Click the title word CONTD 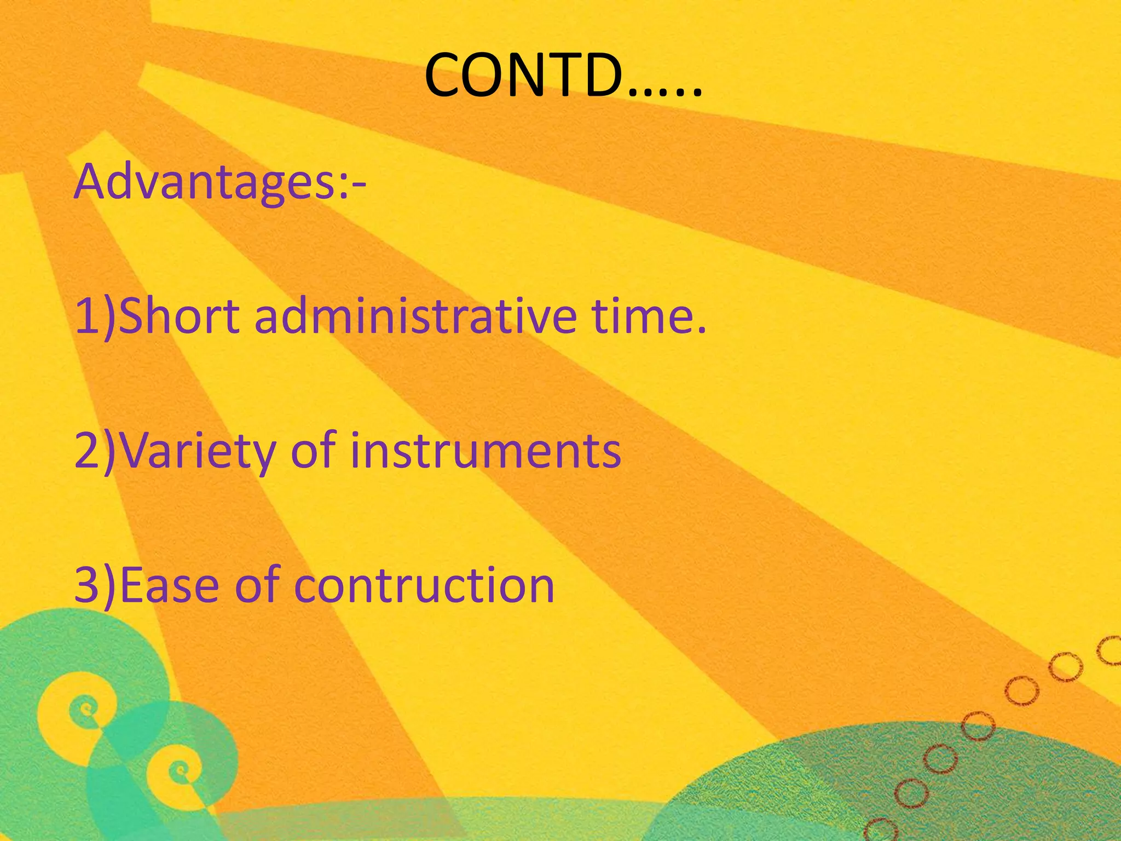525,75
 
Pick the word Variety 197,452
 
